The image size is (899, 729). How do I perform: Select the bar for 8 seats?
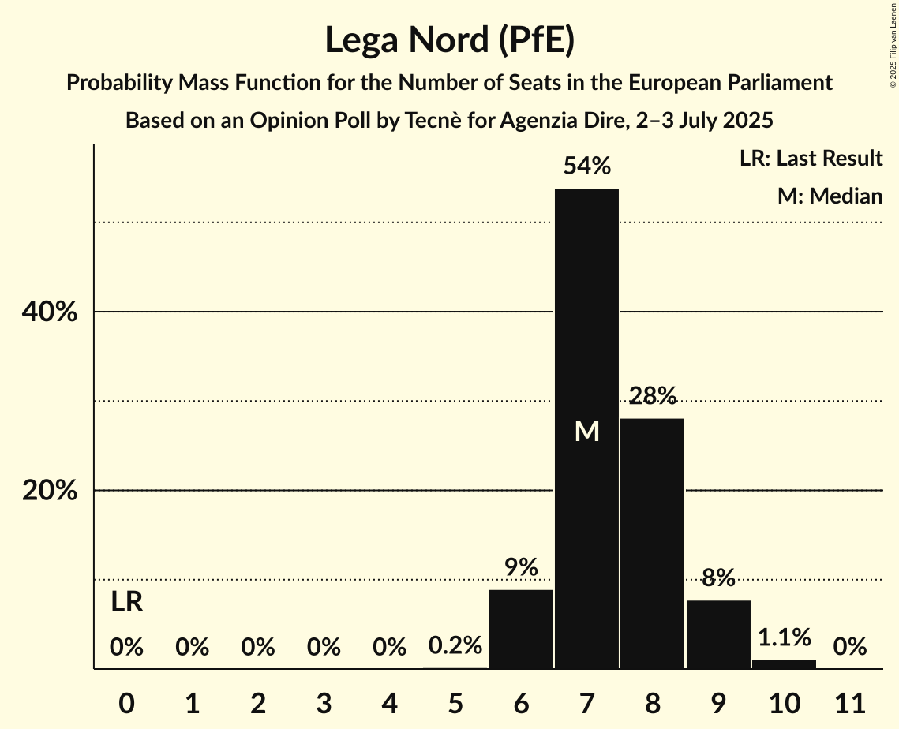(x=652, y=544)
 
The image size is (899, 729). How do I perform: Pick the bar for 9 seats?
(x=718, y=634)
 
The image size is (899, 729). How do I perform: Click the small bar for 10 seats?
(x=784, y=664)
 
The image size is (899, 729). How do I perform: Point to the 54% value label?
(x=586, y=166)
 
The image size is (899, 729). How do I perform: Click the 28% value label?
(x=652, y=395)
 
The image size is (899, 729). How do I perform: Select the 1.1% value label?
(x=784, y=637)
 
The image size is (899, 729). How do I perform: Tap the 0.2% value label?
(x=455, y=646)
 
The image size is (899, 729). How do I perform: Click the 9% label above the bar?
(x=521, y=566)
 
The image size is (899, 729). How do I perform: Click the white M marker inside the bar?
(x=586, y=431)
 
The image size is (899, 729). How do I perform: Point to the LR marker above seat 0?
(x=126, y=602)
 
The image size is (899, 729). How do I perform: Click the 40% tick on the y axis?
(x=49, y=312)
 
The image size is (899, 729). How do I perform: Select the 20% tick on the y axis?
(x=49, y=491)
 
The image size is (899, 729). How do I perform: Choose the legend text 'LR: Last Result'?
(x=811, y=159)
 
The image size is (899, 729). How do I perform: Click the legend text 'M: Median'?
(x=830, y=196)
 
